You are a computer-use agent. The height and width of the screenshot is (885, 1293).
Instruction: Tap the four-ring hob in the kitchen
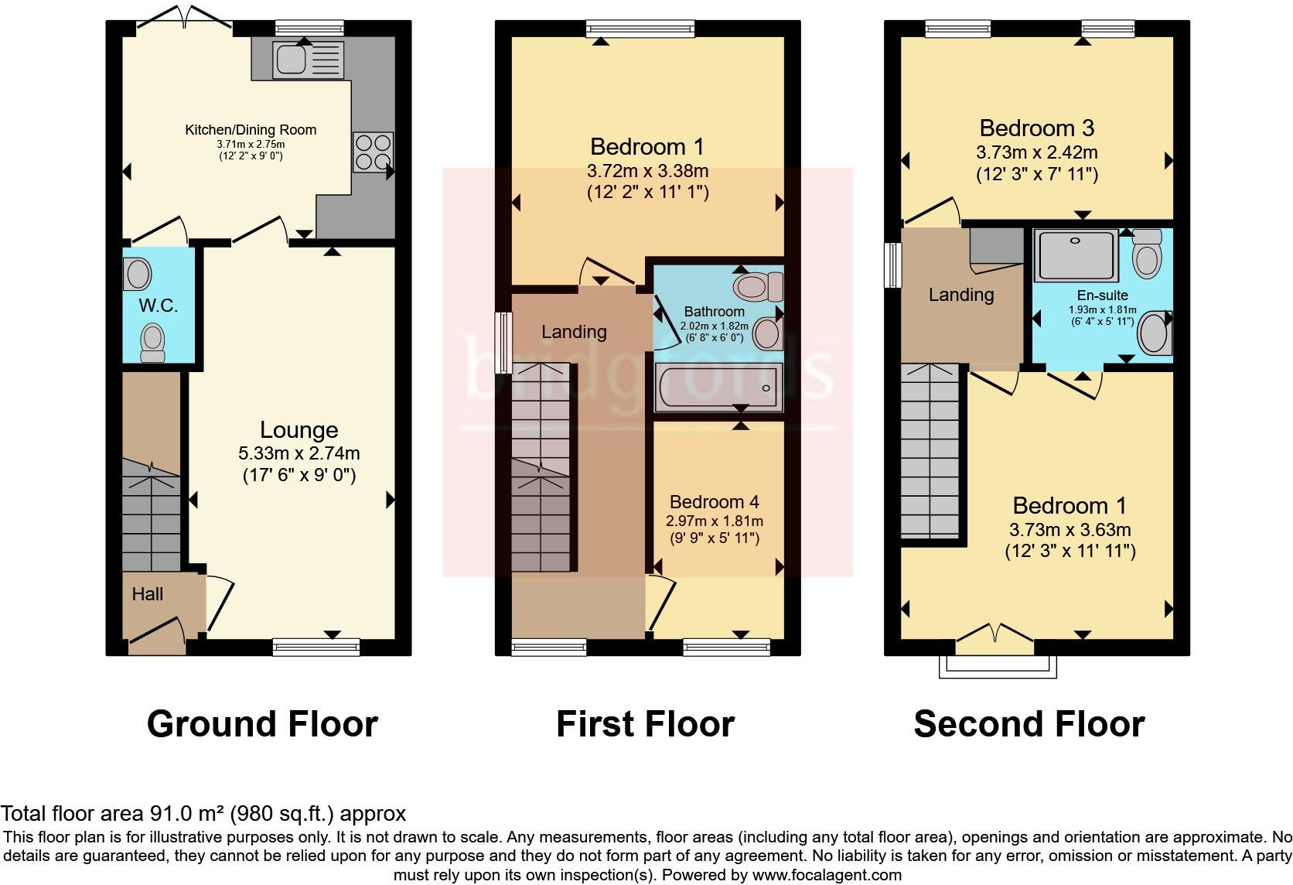point(374,152)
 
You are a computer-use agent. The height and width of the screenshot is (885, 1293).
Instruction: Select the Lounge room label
point(299,430)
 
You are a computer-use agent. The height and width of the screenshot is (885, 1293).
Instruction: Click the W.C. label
point(159,306)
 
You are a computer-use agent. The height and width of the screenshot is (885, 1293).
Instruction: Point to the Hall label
point(147,594)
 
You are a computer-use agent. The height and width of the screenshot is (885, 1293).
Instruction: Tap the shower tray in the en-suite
point(1076,255)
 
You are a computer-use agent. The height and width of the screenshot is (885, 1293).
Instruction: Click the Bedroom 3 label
point(1036,128)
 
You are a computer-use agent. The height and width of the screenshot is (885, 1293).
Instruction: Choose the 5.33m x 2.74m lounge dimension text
point(299,453)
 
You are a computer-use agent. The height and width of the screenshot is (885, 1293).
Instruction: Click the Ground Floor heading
point(262,724)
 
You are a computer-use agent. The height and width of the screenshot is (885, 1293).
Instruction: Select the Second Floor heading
point(1029,724)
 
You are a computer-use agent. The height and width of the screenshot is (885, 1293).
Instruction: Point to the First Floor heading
point(645,724)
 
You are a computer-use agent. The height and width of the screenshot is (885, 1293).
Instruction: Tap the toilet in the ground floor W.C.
point(152,343)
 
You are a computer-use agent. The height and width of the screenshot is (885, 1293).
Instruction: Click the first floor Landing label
point(573,332)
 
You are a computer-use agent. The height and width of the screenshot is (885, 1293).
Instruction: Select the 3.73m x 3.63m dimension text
point(1070,530)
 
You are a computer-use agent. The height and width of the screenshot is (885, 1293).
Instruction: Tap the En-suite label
point(1102,295)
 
